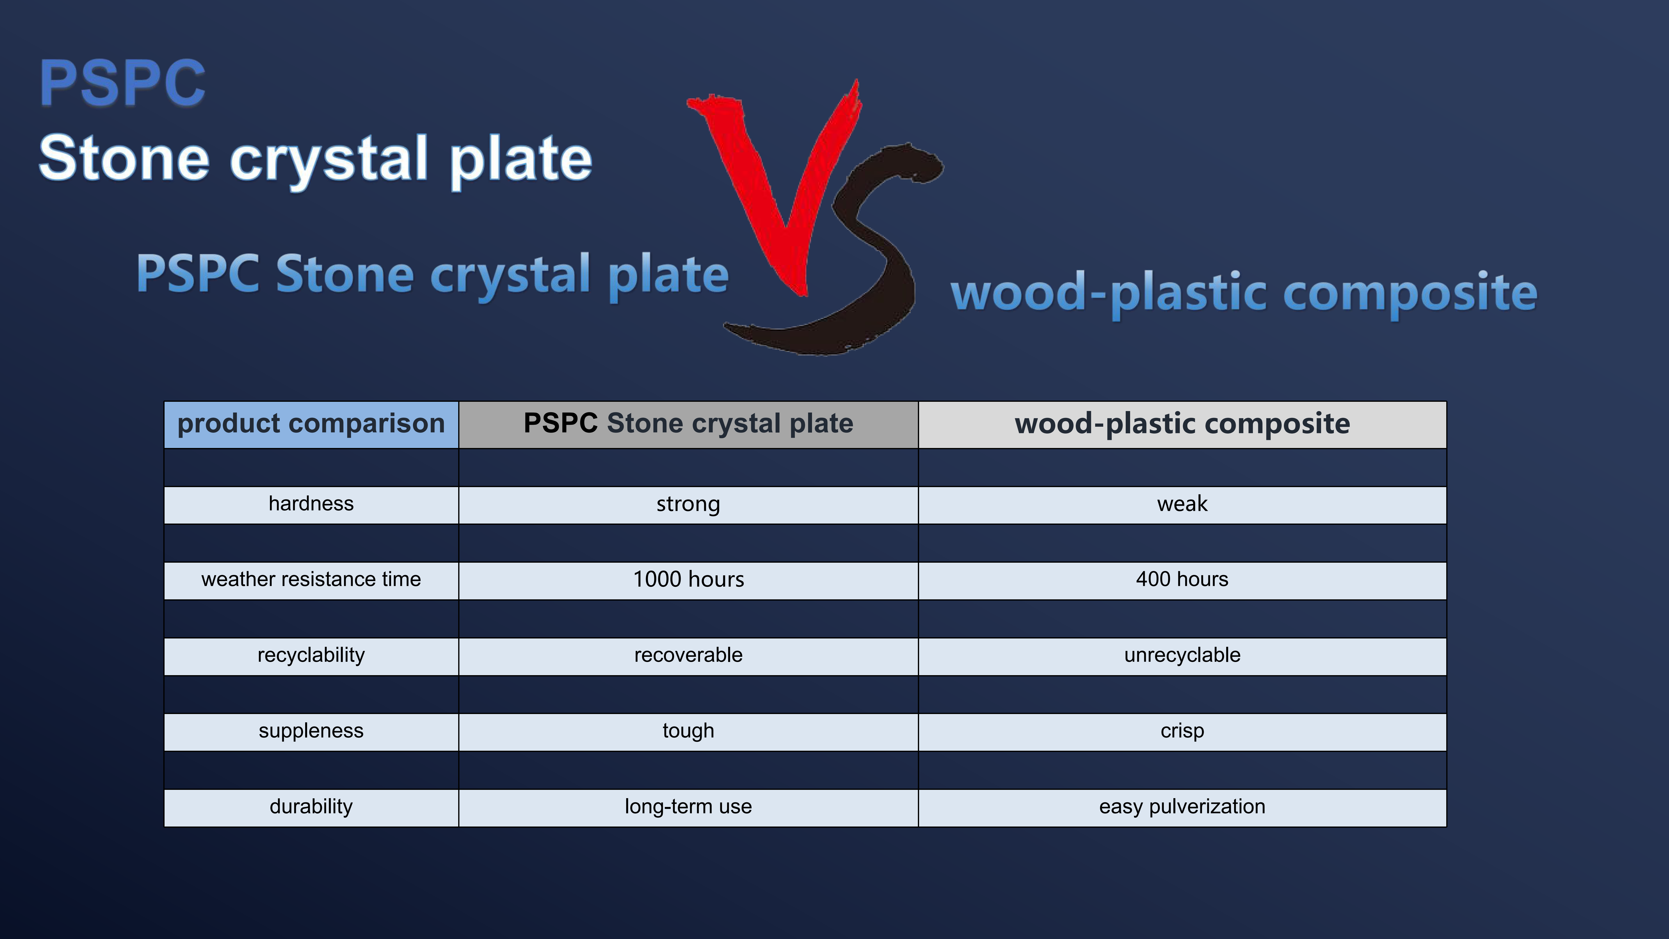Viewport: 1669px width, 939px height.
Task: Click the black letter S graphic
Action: (x=868, y=259)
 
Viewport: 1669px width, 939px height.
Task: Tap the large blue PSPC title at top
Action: (x=122, y=83)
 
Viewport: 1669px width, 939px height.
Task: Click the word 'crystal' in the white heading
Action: (x=329, y=161)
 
